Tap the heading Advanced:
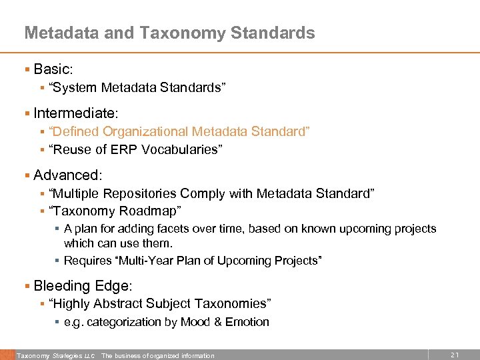pos(68,175)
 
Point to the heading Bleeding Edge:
pos(83,286)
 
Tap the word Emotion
pos(247,322)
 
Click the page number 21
pos(455,355)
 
